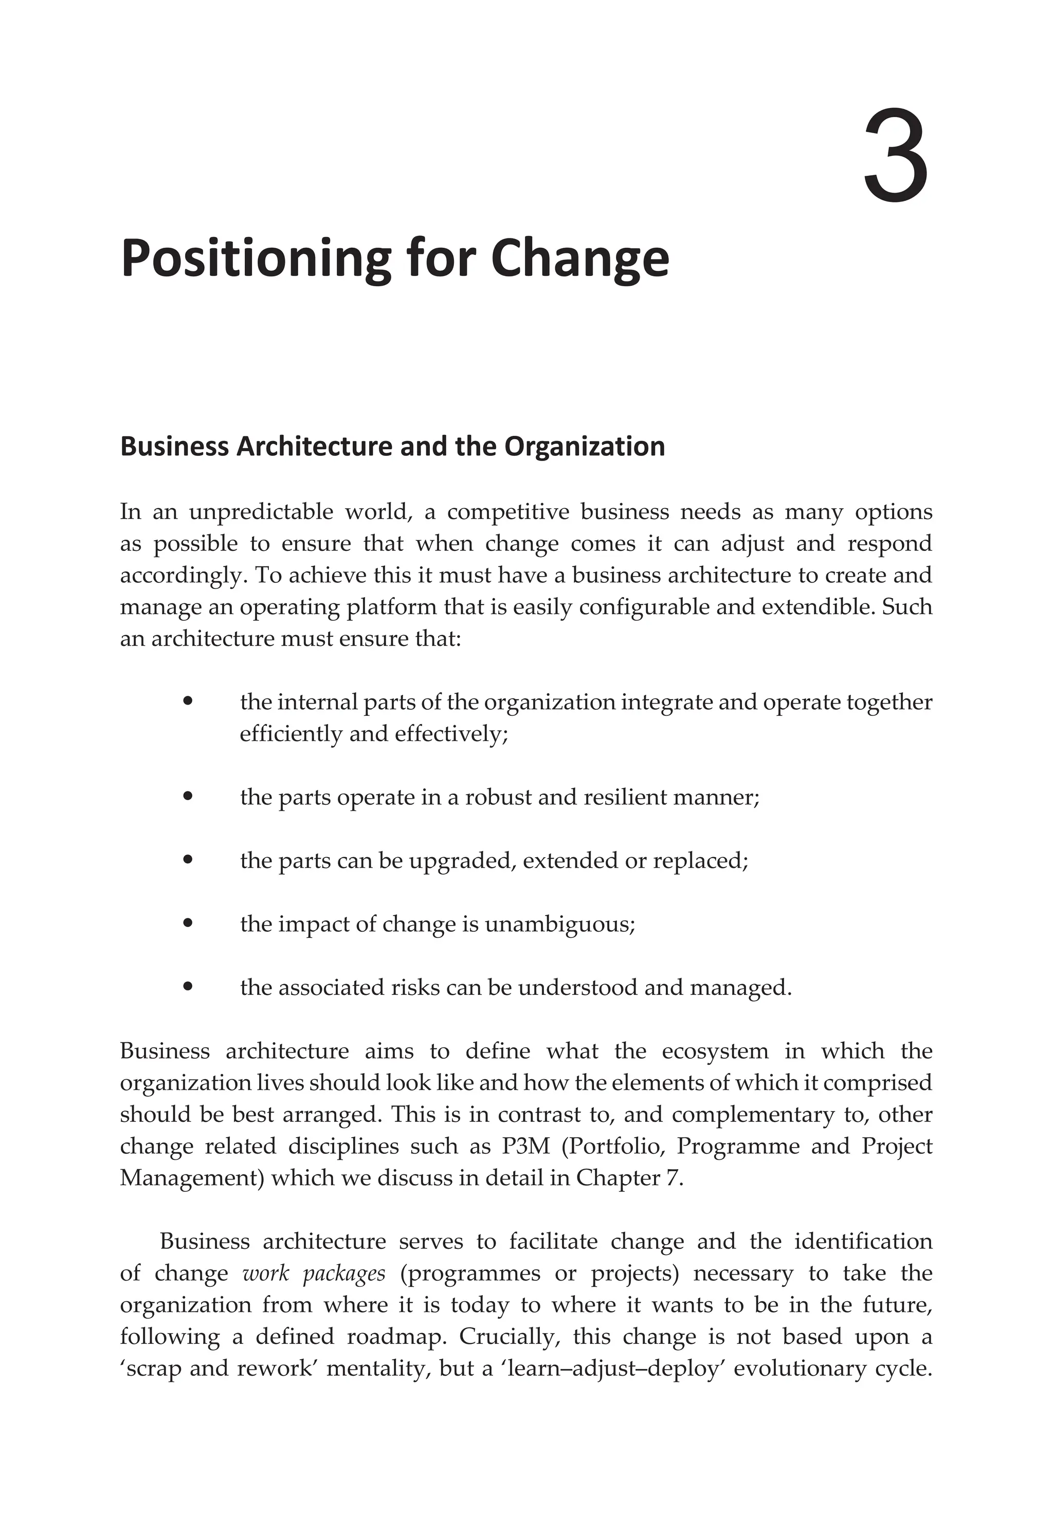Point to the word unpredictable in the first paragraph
(260, 512)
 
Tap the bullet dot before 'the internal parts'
(188, 701)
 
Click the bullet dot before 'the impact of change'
(188, 924)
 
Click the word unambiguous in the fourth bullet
(559, 925)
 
